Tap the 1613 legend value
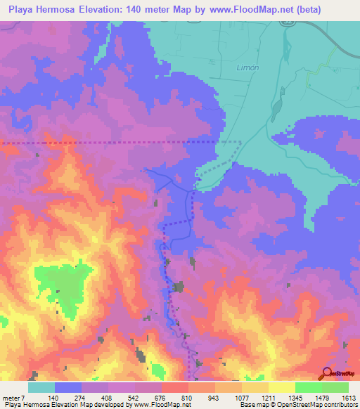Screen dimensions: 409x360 pos(348,398)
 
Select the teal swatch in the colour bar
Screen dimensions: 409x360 pos(41,387)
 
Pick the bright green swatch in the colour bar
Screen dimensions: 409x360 pos(308,387)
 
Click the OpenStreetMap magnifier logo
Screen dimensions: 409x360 pos(326,374)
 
